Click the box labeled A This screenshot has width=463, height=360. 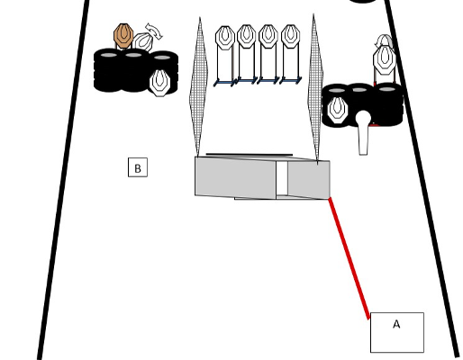click(x=397, y=332)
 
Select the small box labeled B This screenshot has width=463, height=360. click(x=138, y=167)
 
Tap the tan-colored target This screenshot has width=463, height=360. click(x=123, y=36)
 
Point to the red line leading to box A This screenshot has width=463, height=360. click(x=349, y=258)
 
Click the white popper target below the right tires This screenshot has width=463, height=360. click(x=363, y=133)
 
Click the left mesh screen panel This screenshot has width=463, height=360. click(x=198, y=87)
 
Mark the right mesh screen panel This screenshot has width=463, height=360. click(x=315, y=87)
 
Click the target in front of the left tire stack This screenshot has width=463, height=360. click(x=159, y=83)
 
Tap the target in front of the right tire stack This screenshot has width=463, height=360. click(x=338, y=110)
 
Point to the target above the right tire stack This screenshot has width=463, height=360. click(x=385, y=60)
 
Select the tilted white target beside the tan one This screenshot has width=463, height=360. click(x=143, y=42)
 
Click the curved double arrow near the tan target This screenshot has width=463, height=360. click(x=154, y=31)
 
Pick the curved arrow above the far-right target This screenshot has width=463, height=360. click(x=383, y=40)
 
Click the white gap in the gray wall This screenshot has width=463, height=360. click(x=282, y=179)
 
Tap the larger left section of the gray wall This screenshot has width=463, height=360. click(x=235, y=177)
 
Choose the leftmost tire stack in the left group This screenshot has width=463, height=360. click(x=109, y=70)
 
